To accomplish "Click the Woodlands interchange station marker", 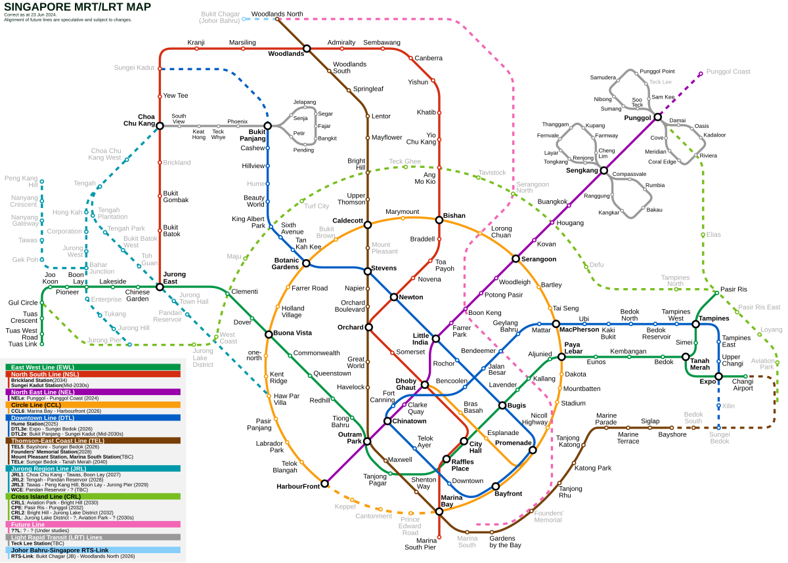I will [307, 48].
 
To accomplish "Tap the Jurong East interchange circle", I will [160, 287].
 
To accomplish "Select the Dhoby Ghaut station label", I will [405, 385].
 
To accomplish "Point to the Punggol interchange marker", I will [657, 117].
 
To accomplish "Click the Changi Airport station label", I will [743, 385].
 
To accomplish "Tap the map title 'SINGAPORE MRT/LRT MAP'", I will [77, 7].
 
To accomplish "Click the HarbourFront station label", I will [298, 486].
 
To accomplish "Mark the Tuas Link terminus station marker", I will [42, 344].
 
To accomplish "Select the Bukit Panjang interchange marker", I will [267, 125].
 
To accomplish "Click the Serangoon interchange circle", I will [516, 259].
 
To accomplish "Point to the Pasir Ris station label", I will [733, 289].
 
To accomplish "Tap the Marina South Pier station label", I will [420, 543].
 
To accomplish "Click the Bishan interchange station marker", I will [439, 220].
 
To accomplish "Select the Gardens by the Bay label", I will [506, 541].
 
